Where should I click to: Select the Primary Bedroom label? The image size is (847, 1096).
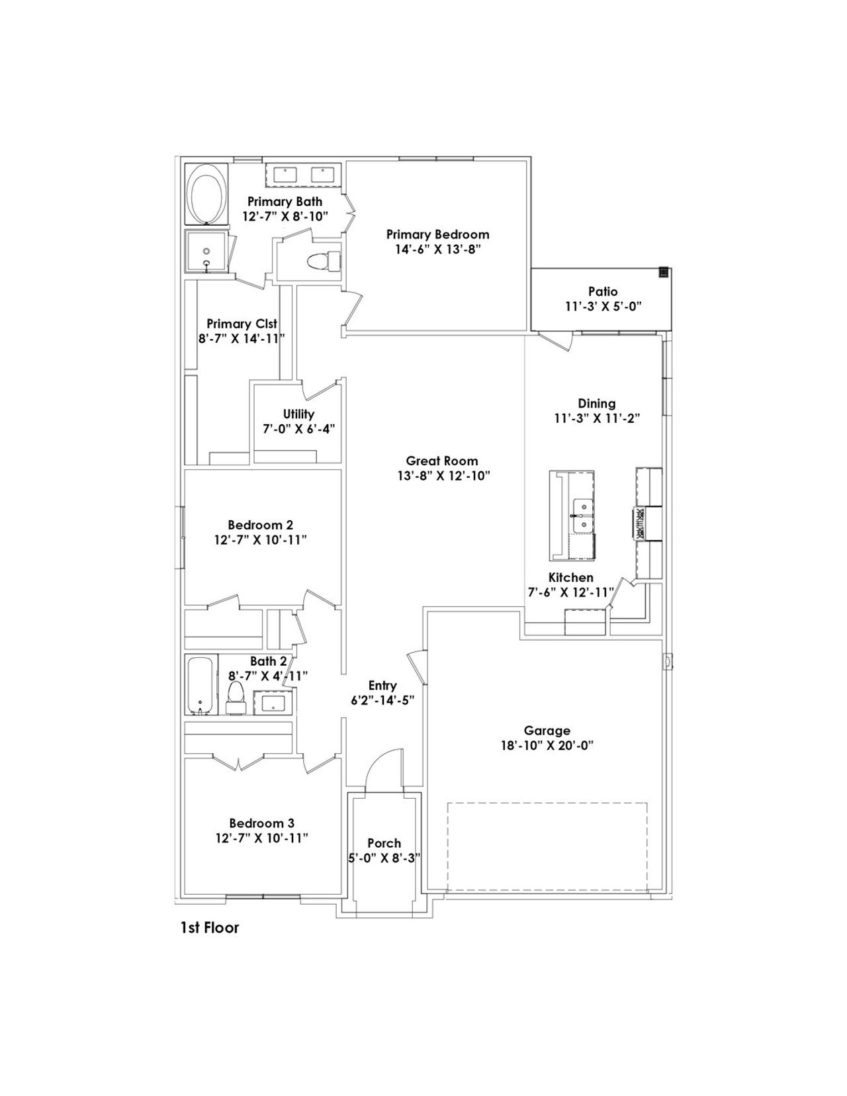437,234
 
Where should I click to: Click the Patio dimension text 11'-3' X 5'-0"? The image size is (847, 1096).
602,306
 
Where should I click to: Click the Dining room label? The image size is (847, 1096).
596,403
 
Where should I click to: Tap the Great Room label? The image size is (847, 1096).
441,461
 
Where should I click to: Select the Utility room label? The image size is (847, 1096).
298,414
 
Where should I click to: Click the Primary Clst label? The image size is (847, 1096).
242,324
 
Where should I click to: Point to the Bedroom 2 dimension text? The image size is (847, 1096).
260,540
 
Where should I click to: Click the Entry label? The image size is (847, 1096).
382,686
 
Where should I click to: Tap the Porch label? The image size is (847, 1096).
384,843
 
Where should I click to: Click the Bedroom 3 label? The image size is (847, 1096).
261,823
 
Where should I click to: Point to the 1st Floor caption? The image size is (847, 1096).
210,928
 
